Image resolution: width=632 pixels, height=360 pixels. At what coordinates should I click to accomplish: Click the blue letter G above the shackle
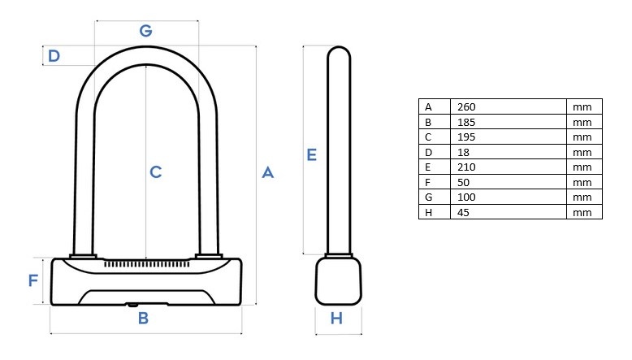146,31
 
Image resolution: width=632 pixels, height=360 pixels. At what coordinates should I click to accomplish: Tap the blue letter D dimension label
54,55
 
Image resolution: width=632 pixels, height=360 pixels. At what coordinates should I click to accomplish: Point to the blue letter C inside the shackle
156,172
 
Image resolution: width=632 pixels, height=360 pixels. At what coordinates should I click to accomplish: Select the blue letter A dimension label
267,172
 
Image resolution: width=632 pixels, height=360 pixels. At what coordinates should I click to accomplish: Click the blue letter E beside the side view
312,154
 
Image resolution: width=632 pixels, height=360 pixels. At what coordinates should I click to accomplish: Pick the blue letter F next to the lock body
33,280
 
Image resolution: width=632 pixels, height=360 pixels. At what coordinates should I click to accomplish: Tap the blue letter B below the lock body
143,318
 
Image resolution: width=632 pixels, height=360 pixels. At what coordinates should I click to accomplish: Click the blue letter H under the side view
336,319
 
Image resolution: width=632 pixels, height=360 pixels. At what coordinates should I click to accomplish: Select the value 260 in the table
466,106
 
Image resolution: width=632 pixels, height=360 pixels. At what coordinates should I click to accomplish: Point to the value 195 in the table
466,137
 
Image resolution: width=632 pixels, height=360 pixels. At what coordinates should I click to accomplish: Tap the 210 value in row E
466,167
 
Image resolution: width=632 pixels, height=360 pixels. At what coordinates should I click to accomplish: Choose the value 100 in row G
466,197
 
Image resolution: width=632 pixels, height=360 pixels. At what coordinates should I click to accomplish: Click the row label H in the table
428,212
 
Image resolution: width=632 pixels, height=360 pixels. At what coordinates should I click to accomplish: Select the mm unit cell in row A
582,107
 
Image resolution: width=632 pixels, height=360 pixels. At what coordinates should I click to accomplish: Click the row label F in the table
427,183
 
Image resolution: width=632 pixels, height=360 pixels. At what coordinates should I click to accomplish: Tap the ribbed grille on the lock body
147,264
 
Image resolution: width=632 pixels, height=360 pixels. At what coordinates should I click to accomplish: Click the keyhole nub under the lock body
133,305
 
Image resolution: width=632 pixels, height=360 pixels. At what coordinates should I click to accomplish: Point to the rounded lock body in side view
338,281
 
